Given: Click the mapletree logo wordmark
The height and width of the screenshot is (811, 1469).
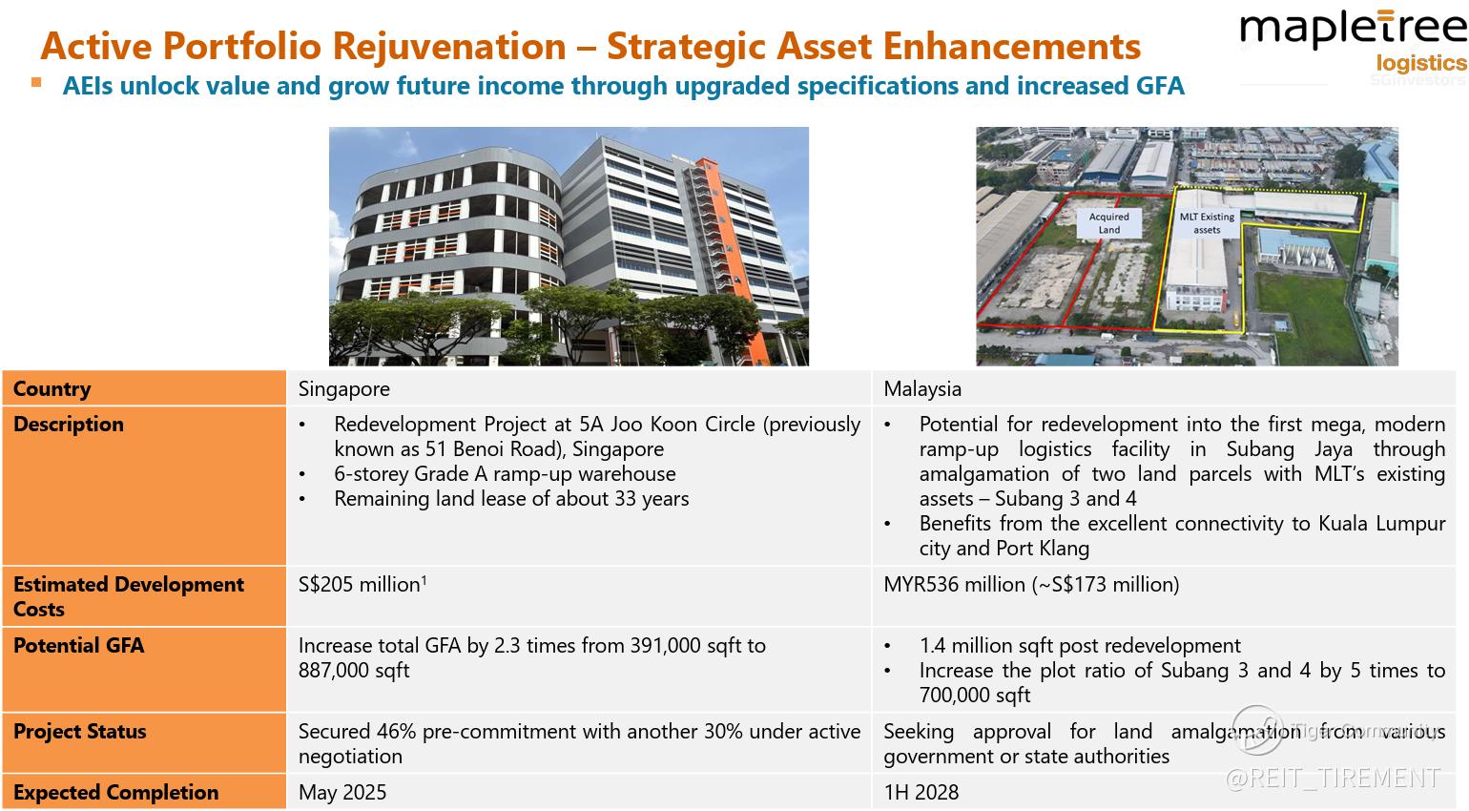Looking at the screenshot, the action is [x=1353, y=31].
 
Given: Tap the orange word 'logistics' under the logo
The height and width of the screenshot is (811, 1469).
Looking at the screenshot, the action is [x=1421, y=63].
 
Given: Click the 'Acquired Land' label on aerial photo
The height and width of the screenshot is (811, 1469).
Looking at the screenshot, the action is [x=1109, y=223].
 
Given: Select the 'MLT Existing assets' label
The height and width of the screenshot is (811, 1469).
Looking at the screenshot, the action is [x=1207, y=223].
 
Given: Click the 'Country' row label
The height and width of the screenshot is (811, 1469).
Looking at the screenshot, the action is [x=52, y=388].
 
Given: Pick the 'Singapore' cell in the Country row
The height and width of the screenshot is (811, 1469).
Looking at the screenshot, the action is [x=344, y=388].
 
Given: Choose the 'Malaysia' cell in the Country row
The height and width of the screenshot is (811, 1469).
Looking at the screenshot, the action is [x=922, y=388].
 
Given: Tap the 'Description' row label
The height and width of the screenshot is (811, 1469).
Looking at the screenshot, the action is [x=69, y=424].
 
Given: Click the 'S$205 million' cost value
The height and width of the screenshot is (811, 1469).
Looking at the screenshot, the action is [x=360, y=584].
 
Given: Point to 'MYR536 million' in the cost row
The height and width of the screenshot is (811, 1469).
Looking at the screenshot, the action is [x=954, y=584].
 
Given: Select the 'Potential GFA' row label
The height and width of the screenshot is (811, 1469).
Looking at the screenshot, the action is [x=78, y=645].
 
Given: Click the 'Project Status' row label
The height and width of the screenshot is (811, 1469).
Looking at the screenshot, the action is [x=80, y=731].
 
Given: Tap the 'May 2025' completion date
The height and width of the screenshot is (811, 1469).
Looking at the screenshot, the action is [x=342, y=792].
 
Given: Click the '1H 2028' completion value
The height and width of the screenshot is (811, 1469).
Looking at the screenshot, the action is [x=921, y=792].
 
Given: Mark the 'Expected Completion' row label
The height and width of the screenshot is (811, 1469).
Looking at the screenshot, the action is [x=116, y=792].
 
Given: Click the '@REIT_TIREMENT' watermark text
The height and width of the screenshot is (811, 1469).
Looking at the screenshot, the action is [x=1332, y=778].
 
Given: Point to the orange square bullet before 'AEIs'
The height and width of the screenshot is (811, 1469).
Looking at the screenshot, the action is [x=36, y=82].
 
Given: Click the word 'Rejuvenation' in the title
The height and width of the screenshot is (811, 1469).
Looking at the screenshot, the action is [x=449, y=47].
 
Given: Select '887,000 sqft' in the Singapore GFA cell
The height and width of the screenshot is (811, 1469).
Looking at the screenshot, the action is [x=354, y=670].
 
